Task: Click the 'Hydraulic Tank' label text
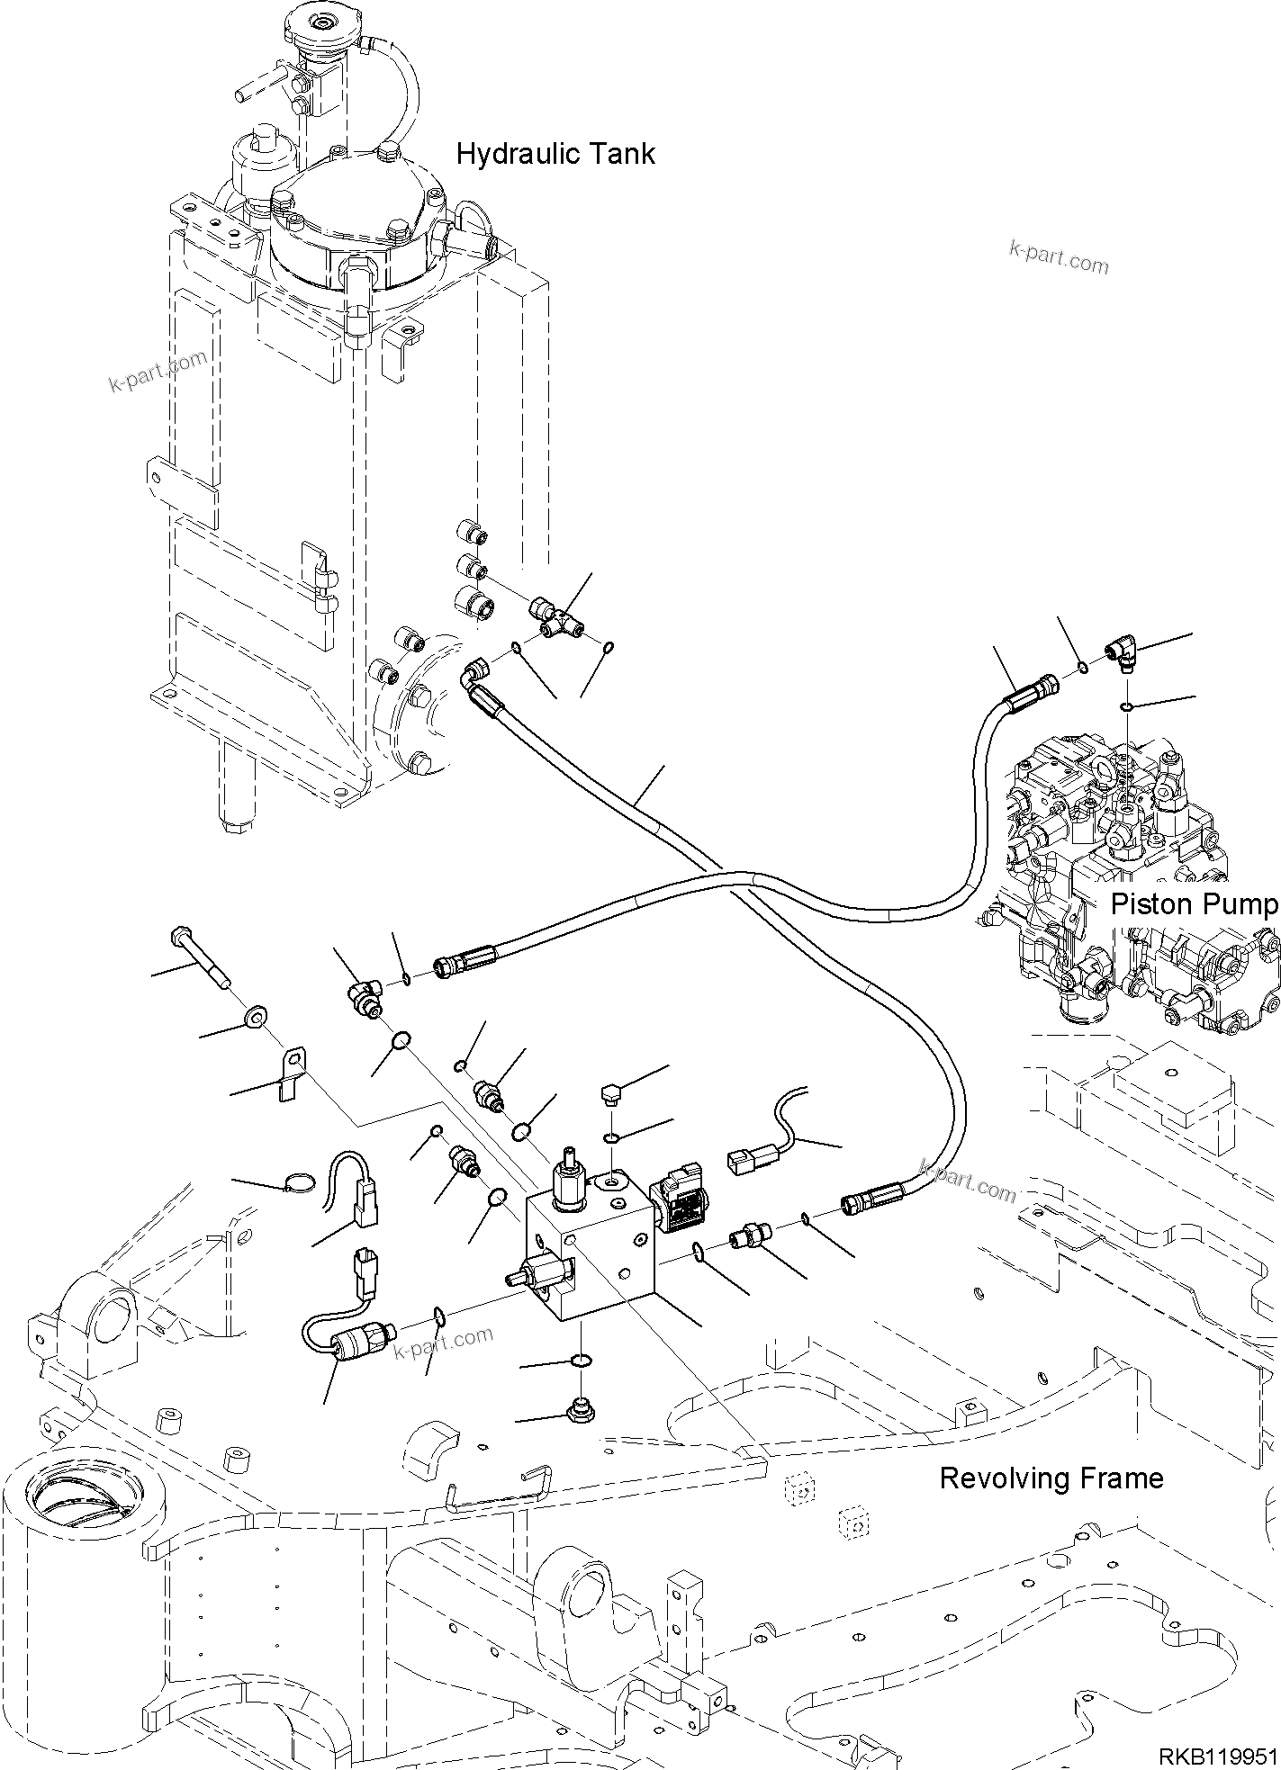[555, 154]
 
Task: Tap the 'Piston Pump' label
[1193, 904]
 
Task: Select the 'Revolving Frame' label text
[1051, 1478]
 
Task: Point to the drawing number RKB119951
[1217, 1756]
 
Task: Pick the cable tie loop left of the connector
[301, 1182]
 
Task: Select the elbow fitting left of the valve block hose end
[365, 996]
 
